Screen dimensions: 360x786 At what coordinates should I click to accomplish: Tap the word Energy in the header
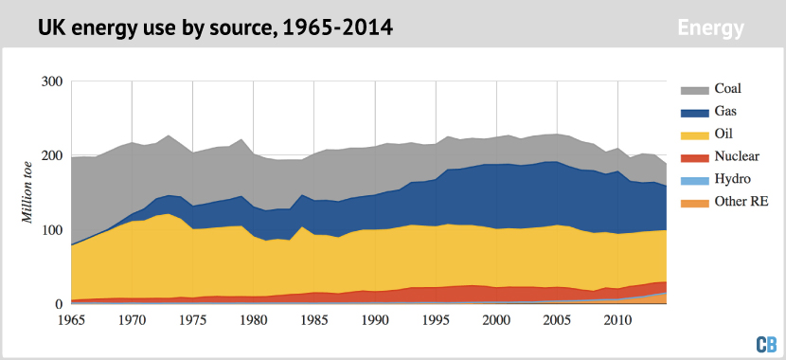point(710,28)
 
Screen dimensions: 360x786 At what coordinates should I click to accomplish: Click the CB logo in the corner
point(765,345)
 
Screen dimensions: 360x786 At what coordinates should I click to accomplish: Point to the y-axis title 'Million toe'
point(28,193)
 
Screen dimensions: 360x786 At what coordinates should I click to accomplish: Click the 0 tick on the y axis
point(58,304)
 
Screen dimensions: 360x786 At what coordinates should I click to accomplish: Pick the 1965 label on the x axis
point(72,320)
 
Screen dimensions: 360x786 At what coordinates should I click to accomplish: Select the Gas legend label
point(726,113)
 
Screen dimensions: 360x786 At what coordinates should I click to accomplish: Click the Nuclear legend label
point(738,156)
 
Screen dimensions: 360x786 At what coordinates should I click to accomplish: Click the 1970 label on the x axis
point(133,320)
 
